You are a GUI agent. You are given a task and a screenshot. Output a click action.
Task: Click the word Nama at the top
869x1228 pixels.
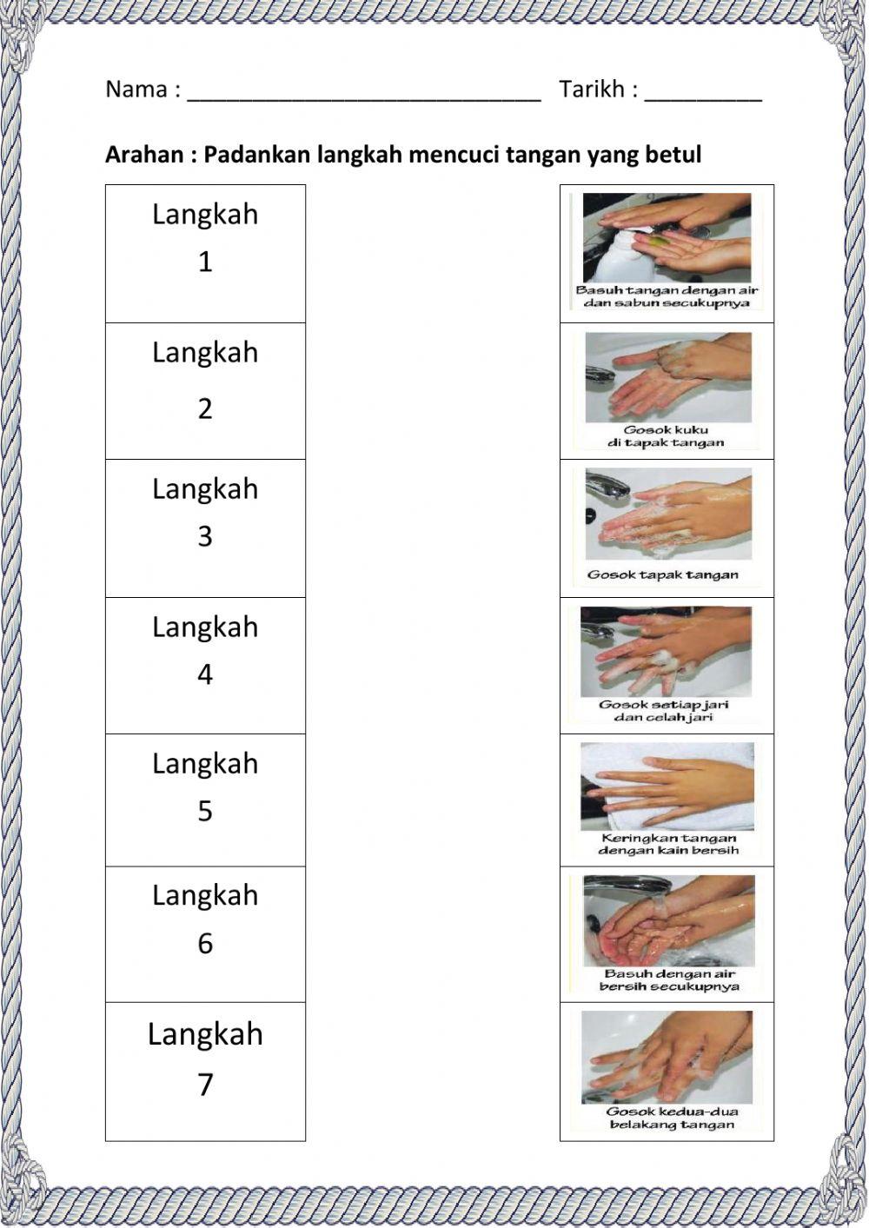136,90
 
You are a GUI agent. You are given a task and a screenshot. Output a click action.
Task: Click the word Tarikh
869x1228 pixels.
592,90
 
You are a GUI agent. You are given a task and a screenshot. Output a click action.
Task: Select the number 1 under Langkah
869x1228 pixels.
205,262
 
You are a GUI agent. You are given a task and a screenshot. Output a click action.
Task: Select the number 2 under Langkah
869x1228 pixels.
205,408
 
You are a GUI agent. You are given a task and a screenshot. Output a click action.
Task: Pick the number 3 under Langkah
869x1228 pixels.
205,536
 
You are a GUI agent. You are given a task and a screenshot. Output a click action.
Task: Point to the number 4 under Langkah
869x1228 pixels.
205,674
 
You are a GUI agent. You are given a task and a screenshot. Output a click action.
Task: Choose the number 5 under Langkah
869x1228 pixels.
205,811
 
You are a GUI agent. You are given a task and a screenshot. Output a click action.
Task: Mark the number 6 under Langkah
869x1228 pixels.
205,943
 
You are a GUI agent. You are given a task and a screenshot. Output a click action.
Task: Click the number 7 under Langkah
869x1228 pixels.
205,1085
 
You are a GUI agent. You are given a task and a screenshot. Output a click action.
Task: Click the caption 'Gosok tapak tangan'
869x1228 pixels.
662,574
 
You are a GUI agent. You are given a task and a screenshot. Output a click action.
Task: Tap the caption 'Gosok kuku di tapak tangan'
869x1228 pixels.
666,436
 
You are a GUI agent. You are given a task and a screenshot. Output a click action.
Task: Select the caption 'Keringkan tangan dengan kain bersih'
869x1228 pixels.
667,844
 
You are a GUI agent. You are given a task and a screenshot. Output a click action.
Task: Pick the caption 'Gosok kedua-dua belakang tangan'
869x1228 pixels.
671,1118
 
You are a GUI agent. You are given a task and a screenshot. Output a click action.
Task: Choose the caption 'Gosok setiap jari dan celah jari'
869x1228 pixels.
664,711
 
